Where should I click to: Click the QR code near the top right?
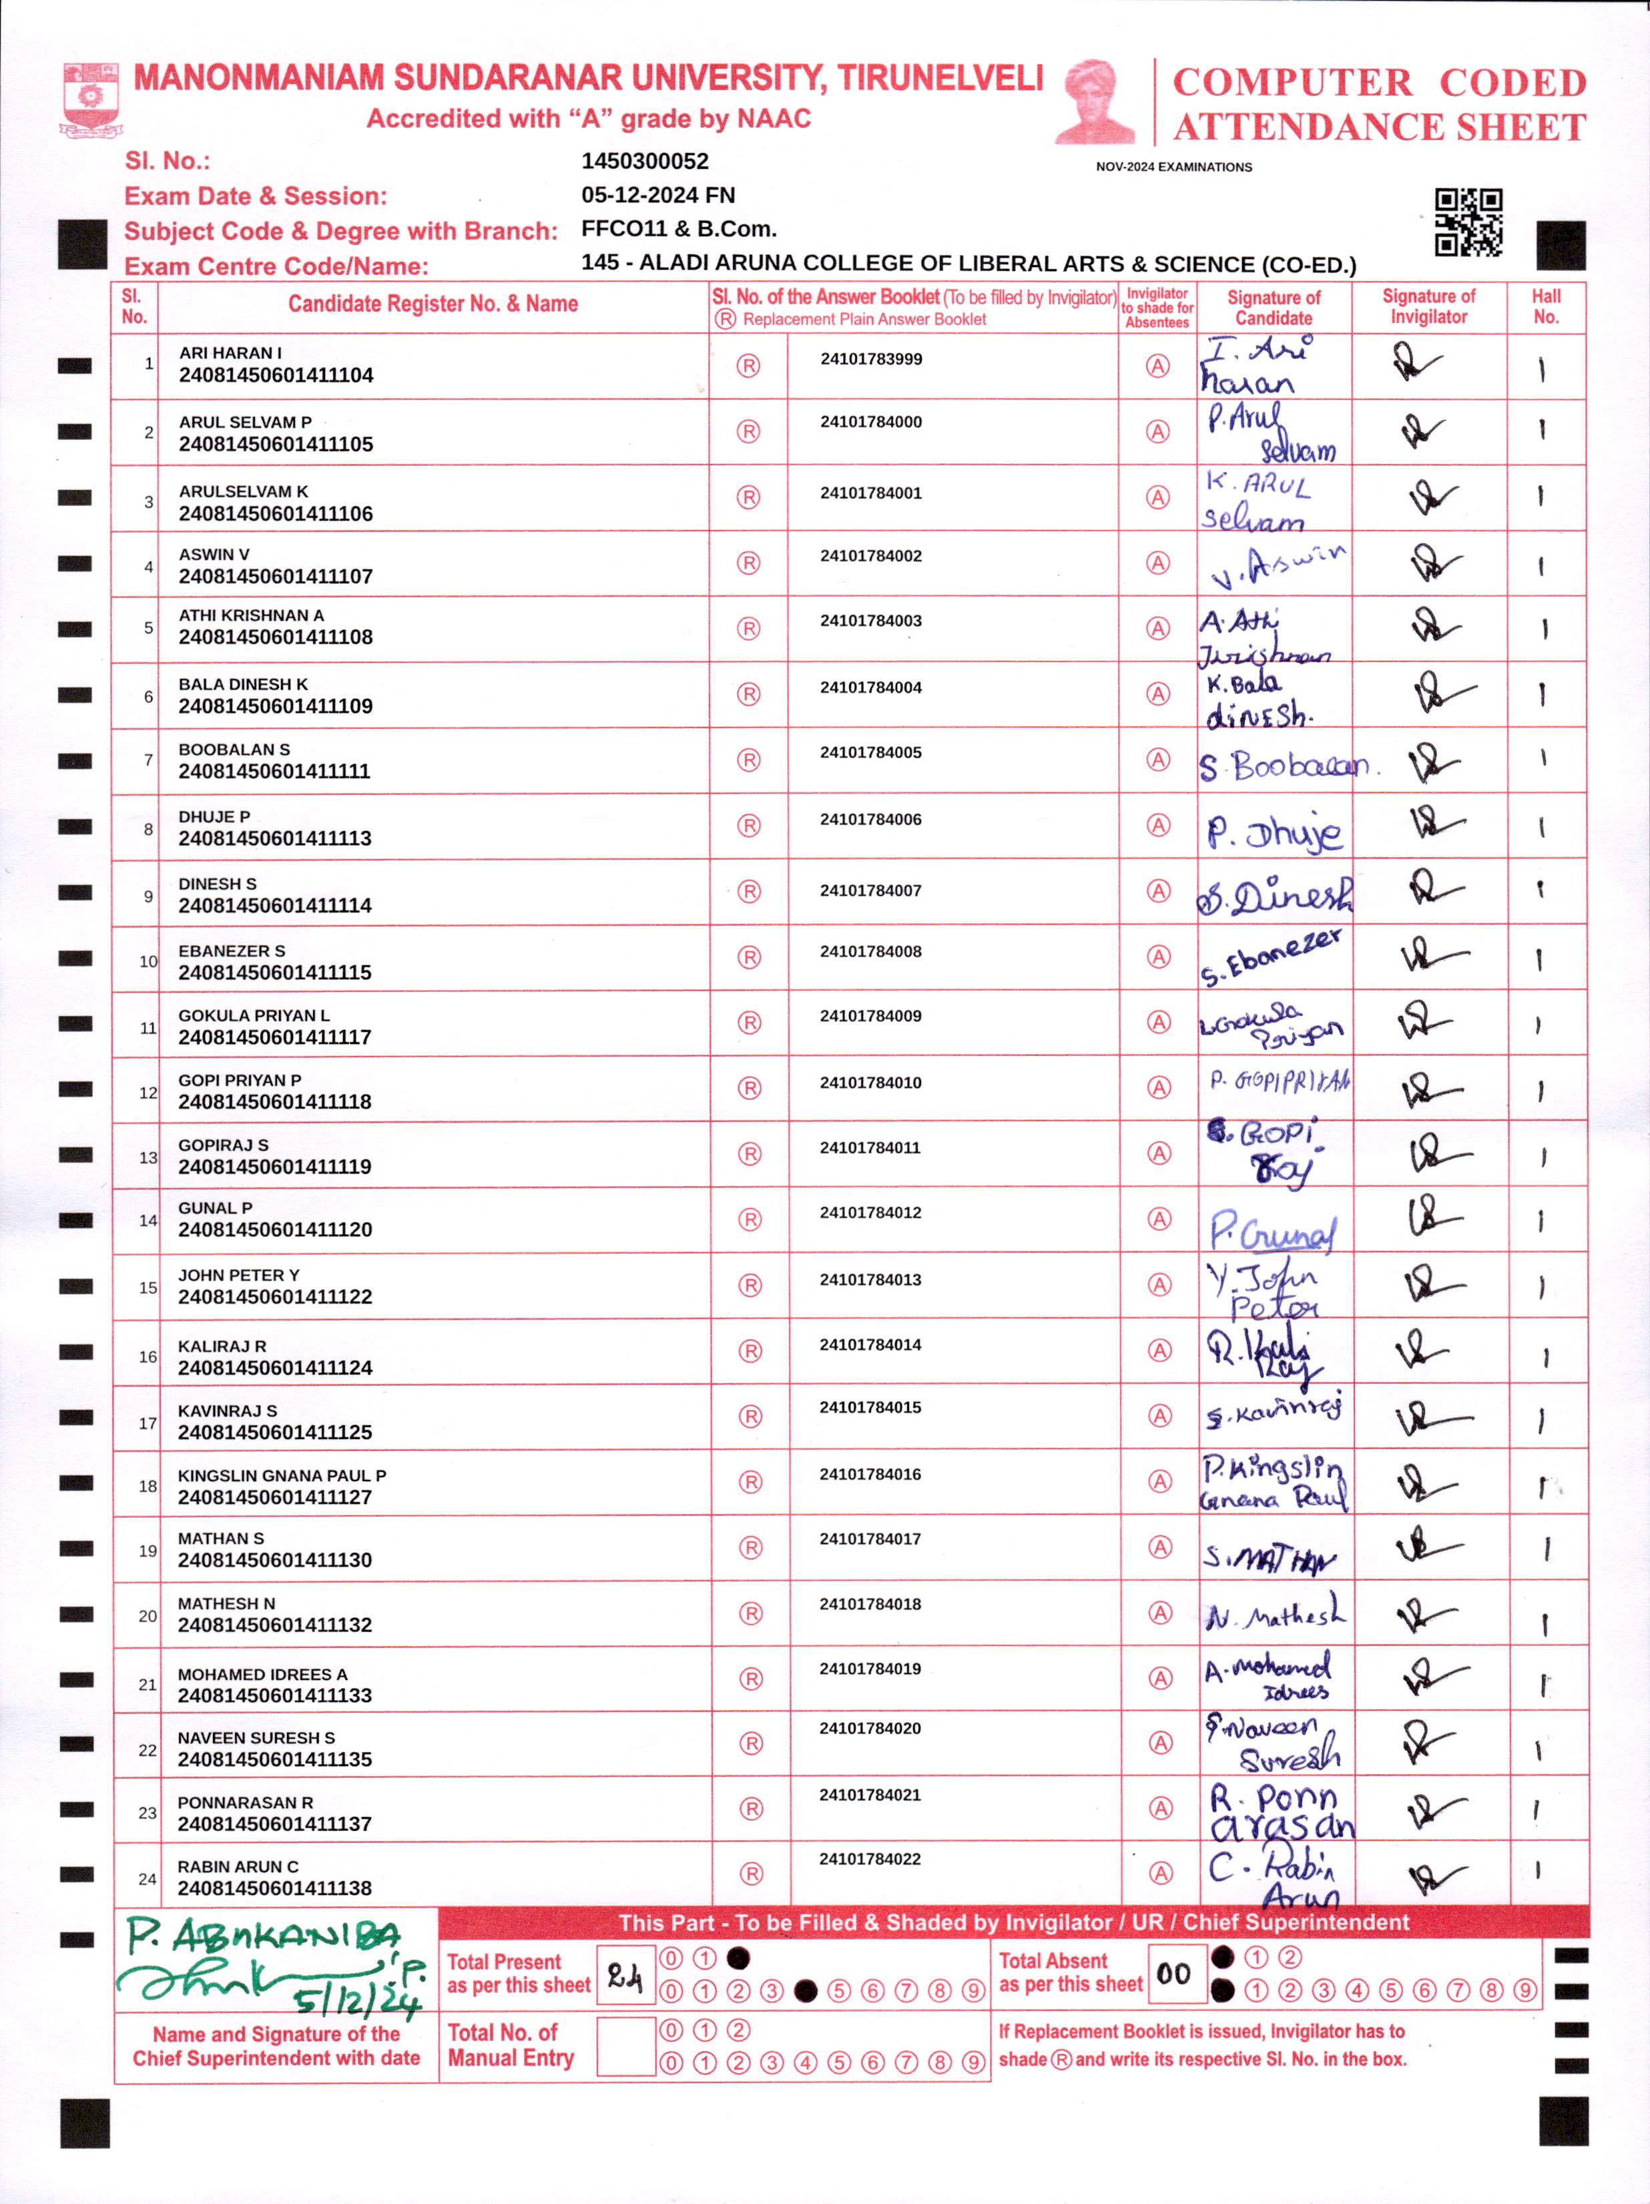tap(1468, 222)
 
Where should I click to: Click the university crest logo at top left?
tap(91, 99)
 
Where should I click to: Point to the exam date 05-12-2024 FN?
tap(657, 196)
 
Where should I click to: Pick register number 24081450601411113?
tap(275, 838)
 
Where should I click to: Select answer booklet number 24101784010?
tap(871, 1082)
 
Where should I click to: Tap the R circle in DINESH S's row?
tap(748, 891)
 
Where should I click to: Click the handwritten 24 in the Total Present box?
tap(625, 1975)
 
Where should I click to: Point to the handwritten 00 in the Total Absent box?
tap(1173, 1973)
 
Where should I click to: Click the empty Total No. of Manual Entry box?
tap(625, 2046)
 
